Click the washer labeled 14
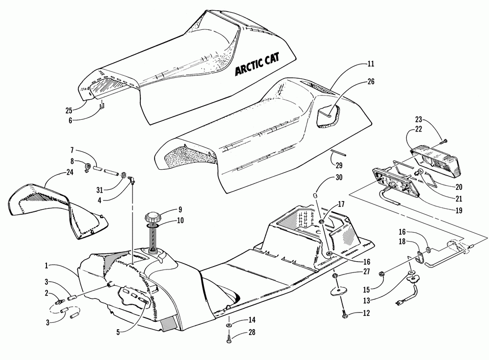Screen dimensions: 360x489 (x=229, y=325)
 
